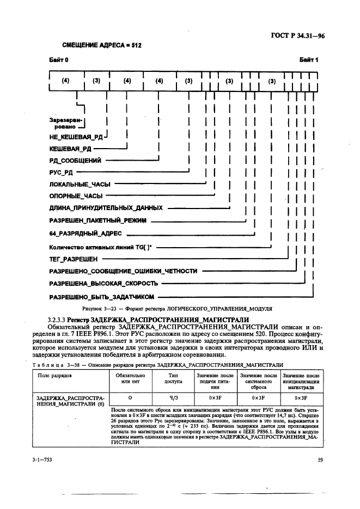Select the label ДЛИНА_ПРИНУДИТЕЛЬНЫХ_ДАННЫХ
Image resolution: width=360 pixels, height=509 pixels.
point(106,208)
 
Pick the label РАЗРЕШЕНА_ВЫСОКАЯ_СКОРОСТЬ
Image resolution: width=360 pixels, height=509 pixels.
point(104,284)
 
